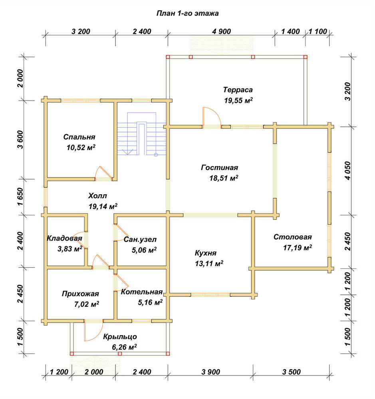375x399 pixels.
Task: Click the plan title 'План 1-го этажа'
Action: click(x=188, y=13)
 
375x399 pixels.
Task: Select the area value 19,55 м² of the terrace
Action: click(x=238, y=101)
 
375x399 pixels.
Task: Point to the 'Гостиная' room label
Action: click(x=220, y=168)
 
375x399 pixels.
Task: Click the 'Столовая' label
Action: click(x=293, y=237)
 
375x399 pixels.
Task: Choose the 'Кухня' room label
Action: click(x=206, y=253)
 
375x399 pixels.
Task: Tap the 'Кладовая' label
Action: click(x=64, y=239)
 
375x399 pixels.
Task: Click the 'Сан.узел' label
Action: click(x=140, y=239)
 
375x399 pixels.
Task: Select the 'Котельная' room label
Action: click(x=142, y=292)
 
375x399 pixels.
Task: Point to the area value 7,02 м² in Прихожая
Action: click(x=87, y=304)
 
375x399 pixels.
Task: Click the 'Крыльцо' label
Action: click(x=120, y=337)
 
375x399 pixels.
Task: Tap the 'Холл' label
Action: click(x=97, y=196)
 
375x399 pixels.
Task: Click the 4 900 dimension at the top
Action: click(x=221, y=32)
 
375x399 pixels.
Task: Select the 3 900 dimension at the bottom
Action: click(x=211, y=372)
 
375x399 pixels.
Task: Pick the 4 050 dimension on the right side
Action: click(x=347, y=170)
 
